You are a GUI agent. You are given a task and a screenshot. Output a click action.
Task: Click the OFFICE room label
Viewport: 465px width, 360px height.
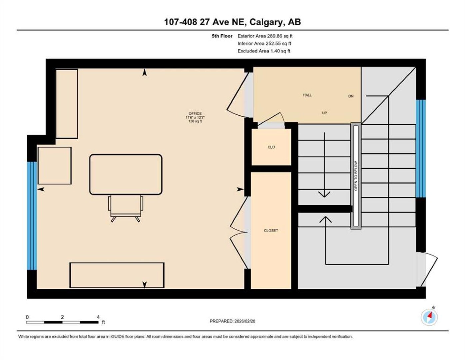point(195,114)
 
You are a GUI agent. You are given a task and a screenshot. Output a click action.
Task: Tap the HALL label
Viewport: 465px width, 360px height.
point(307,95)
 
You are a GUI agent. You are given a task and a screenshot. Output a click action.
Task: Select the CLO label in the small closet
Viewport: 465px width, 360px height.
point(271,147)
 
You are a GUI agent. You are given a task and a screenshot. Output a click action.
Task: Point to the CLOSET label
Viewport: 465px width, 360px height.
point(271,230)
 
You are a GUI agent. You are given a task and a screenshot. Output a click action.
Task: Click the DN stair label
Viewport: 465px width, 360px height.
point(351,96)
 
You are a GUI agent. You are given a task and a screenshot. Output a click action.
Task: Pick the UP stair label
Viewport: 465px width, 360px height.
point(324,113)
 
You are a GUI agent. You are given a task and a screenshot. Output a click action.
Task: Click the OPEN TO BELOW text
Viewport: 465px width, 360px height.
point(356,176)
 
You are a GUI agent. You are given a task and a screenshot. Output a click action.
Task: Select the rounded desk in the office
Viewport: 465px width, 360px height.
point(126,174)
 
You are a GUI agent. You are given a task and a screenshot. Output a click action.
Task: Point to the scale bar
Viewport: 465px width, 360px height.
point(63,322)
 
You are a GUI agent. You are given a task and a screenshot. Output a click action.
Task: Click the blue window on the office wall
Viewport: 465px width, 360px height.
point(32,216)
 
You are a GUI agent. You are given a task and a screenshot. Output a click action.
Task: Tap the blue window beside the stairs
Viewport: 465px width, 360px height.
point(421,148)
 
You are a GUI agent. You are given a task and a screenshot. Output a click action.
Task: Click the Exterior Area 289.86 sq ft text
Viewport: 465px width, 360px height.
point(265,36)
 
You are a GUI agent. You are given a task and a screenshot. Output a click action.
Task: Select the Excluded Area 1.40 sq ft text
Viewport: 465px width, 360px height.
point(264,51)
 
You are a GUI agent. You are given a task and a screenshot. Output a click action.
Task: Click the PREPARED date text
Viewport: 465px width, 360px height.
point(232,321)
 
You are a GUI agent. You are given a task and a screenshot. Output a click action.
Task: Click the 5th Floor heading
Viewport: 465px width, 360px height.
point(222,36)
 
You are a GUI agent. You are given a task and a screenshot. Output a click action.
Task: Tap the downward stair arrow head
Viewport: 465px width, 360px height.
point(324,194)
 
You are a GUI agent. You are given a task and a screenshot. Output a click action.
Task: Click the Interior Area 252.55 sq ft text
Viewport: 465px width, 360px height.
point(264,43)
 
